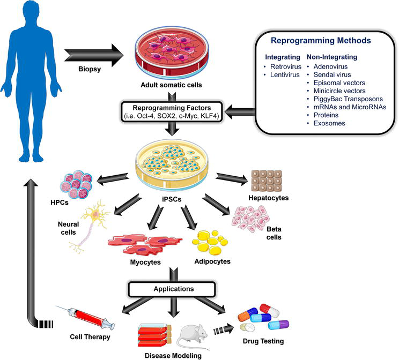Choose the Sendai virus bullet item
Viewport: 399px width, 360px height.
point(329,74)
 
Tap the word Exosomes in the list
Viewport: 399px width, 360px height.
point(325,123)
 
